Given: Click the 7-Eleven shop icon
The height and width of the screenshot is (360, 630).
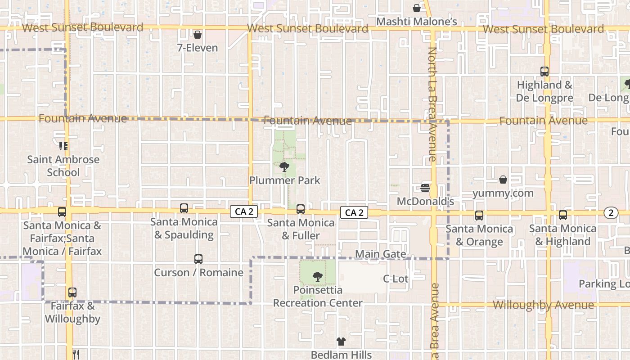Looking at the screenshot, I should click(x=197, y=35).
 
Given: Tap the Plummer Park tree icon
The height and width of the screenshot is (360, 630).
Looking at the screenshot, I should click(x=284, y=167).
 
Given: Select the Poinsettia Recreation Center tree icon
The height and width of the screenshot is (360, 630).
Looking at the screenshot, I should click(x=318, y=276).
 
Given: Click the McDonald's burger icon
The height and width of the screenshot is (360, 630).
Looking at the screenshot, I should click(x=425, y=188).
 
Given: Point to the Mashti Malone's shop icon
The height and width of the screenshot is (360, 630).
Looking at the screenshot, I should click(x=417, y=8).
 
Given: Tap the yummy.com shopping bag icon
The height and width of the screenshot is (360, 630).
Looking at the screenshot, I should click(x=503, y=180).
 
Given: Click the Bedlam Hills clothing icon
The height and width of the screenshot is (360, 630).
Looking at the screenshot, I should click(x=341, y=342).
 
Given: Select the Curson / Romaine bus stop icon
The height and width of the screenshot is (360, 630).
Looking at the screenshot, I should click(x=198, y=259).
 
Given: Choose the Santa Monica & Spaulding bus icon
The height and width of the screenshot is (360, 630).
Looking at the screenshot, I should click(x=184, y=208).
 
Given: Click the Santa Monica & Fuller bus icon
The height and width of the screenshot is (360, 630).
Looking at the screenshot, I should click(x=301, y=209).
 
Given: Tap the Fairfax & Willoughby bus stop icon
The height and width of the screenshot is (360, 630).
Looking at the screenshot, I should click(x=72, y=292).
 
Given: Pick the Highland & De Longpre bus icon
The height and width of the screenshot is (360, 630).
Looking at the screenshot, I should click(x=544, y=72).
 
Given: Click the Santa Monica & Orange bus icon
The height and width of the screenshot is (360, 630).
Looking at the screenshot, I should click(x=479, y=216).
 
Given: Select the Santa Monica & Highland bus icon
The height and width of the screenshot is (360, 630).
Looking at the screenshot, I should click(x=563, y=215).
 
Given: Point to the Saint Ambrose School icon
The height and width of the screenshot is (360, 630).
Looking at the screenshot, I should click(x=63, y=146).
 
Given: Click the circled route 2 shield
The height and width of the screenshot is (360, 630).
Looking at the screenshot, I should click(x=611, y=213).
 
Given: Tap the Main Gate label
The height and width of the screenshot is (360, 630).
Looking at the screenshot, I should click(x=380, y=254).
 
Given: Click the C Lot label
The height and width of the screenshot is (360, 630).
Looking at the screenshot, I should click(x=396, y=279).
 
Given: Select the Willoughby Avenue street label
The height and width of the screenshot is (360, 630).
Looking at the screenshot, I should click(x=543, y=305).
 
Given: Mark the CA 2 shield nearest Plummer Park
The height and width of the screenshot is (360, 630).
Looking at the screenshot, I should click(x=244, y=212).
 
